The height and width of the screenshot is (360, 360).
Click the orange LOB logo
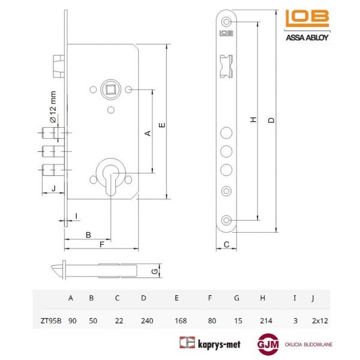[x=307, y=19]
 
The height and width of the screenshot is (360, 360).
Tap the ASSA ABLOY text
[x=307, y=37]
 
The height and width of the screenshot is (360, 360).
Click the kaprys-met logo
[x=210, y=343]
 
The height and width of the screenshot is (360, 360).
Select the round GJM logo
[x=268, y=344]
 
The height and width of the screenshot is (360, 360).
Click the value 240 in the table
[x=147, y=320]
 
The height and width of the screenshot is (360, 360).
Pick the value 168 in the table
[x=181, y=320]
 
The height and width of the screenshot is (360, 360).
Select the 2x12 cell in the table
[x=320, y=320]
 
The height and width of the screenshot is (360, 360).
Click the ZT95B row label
[x=51, y=320]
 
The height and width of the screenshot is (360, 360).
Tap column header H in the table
[x=263, y=298]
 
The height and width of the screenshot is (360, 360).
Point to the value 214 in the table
[x=266, y=320]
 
